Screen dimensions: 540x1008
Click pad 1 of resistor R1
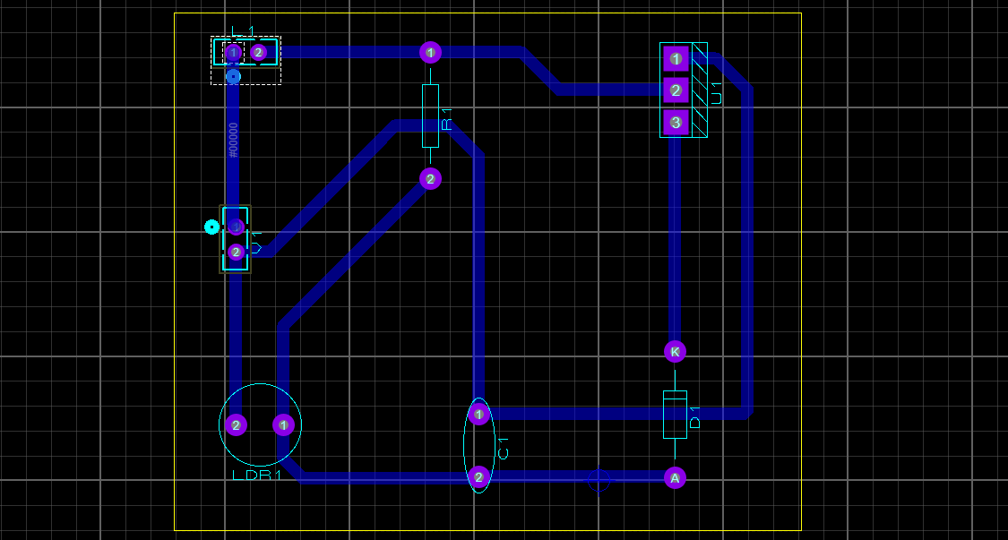tap(431, 52)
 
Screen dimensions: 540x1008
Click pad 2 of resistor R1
tap(431, 179)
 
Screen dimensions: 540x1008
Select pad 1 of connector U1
tap(676, 59)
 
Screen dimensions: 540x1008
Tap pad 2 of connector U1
tap(676, 90)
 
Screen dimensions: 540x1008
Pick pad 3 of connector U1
tap(676, 122)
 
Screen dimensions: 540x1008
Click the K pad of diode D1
tap(676, 352)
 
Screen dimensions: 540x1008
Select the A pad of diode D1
tap(676, 478)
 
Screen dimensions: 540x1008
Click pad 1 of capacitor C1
tap(479, 414)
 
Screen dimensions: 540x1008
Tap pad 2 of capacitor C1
tap(479, 477)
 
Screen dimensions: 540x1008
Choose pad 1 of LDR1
tap(283, 424)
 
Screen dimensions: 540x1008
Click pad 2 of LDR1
tap(236, 424)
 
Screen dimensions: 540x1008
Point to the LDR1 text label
tap(257, 476)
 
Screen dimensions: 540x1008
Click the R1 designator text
tap(446, 119)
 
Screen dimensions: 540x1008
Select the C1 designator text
tap(503, 448)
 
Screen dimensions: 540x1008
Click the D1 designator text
tap(695, 416)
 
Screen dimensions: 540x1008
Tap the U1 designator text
tap(715, 91)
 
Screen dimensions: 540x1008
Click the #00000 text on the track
tap(234, 141)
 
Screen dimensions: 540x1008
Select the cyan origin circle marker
tap(211, 227)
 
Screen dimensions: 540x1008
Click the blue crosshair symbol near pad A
tap(599, 481)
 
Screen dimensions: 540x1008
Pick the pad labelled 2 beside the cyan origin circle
tap(236, 253)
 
